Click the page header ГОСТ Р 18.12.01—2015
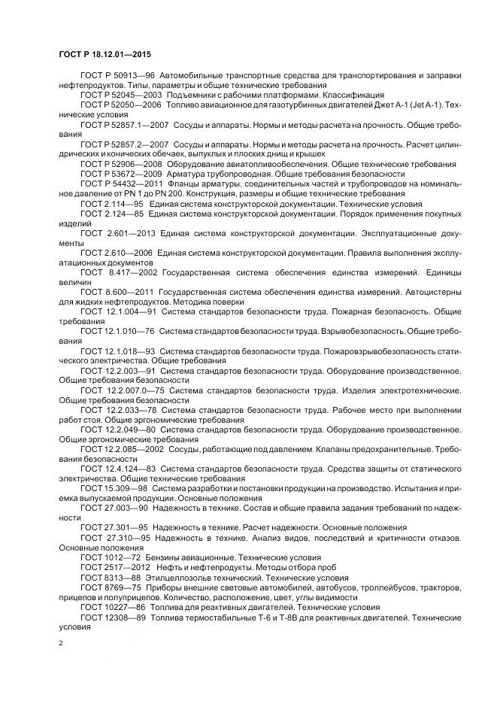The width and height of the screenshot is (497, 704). click(x=108, y=55)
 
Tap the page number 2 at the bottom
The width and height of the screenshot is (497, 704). click(x=61, y=643)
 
